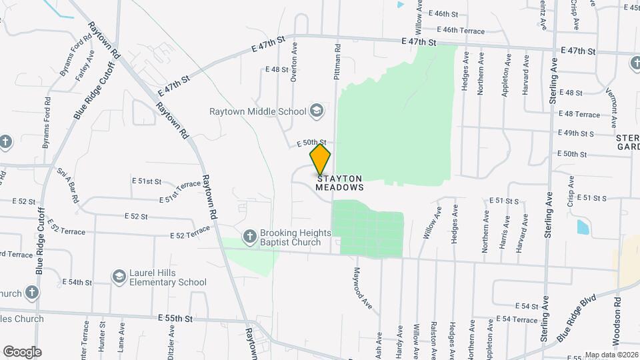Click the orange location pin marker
point(321,159)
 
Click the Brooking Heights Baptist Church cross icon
point(250,237)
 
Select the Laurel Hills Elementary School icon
point(119,277)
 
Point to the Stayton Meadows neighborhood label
point(340,183)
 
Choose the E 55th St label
point(175,319)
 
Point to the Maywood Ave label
point(363,289)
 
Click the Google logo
point(22,351)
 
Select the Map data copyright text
point(611,355)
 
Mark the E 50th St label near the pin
point(311,143)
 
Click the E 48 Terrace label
point(579,115)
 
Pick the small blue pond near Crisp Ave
point(583,227)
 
